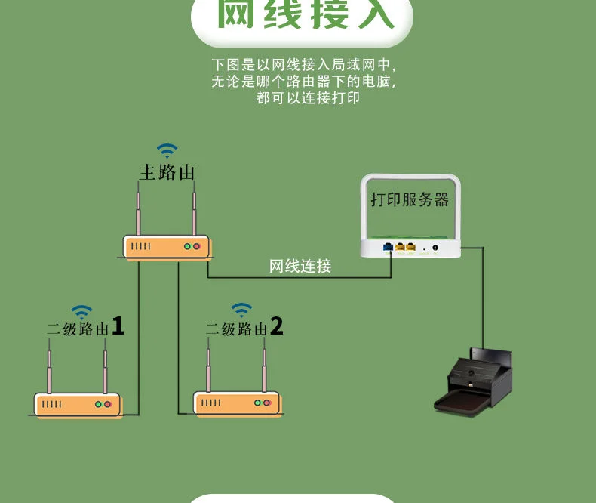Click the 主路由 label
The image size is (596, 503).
click(167, 172)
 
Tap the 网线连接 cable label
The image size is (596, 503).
click(300, 266)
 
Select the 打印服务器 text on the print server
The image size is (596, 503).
click(410, 199)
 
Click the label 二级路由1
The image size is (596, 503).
click(85, 328)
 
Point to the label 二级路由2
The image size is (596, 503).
click(244, 328)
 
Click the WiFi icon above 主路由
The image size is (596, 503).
click(167, 150)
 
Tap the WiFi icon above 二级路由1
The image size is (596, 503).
click(81, 311)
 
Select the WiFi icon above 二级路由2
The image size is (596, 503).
click(241, 309)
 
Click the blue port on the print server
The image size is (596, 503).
click(388, 246)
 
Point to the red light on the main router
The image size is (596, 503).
click(196, 246)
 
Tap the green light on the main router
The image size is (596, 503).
click(186, 246)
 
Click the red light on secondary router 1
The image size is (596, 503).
click(107, 405)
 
